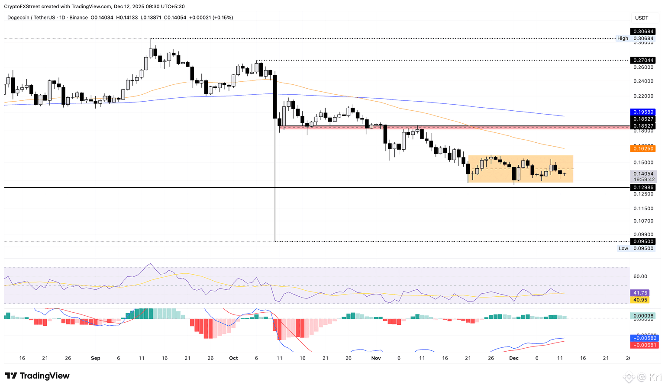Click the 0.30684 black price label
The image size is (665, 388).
pyautogui.click(x=643, y=32)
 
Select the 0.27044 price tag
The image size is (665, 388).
pyautogui.click(x=643, y=60)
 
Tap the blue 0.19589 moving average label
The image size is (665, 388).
pyautogui.click(x=643, y=112)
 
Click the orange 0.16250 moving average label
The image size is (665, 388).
pyautogui.click(x=643, y=148)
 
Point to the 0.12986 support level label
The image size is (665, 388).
pyautogui.click(x=643, y=187)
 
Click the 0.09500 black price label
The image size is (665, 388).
pyautogui.click(x=643, y=241)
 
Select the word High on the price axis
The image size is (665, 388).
pyautogui.click(x=623, y=38)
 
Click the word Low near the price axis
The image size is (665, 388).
pyautogui.click(x=623, y=248)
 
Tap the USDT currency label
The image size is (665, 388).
pyautogui.click(x=642, y=18)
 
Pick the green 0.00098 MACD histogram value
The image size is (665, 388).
pyautogui.click(x=643, y=316)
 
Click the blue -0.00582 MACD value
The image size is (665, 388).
pyautogui.click(x=644, y=338)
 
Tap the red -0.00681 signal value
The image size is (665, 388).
pyautogui.click(x=644, y=345)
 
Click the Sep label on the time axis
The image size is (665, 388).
pyautogui.click(x=96, y=358)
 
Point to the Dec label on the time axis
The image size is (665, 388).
pyautogui.click(x=514, y=358)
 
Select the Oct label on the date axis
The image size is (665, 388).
pyautogui.click(x=233, y=358)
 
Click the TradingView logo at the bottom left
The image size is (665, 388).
pyautogui.click(x=37, y=376)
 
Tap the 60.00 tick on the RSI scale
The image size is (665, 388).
pyautogui.click(x=640, y=276)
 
